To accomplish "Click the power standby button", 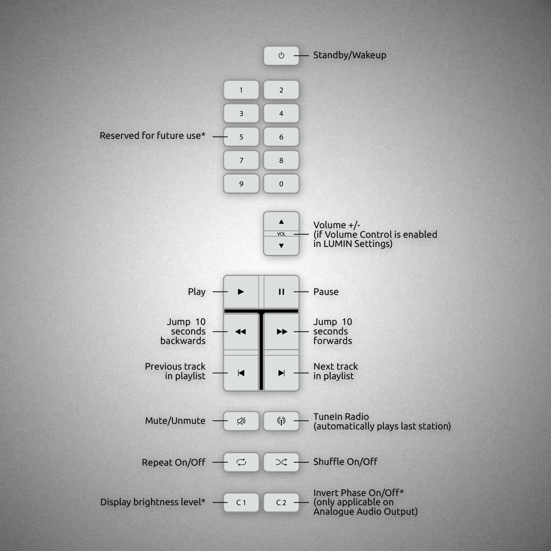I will (281, 56).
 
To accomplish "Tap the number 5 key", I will (241, 137).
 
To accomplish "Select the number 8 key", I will (281, 160).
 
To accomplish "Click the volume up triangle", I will (281, 222).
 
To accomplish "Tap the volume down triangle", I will (281, 245).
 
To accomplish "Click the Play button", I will (241, 292).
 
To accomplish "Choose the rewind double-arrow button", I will (241, 332).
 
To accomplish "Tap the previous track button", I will (241, 373).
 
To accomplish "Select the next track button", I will (282, 373).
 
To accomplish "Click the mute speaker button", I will (241, 421).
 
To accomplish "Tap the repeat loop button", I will (241, 462).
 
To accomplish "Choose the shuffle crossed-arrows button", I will (281, 462).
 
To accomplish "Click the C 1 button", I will (241, 503).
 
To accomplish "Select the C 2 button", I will (281, 503).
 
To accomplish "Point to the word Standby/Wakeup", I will (350, 55).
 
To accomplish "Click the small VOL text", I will (281, 234).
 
